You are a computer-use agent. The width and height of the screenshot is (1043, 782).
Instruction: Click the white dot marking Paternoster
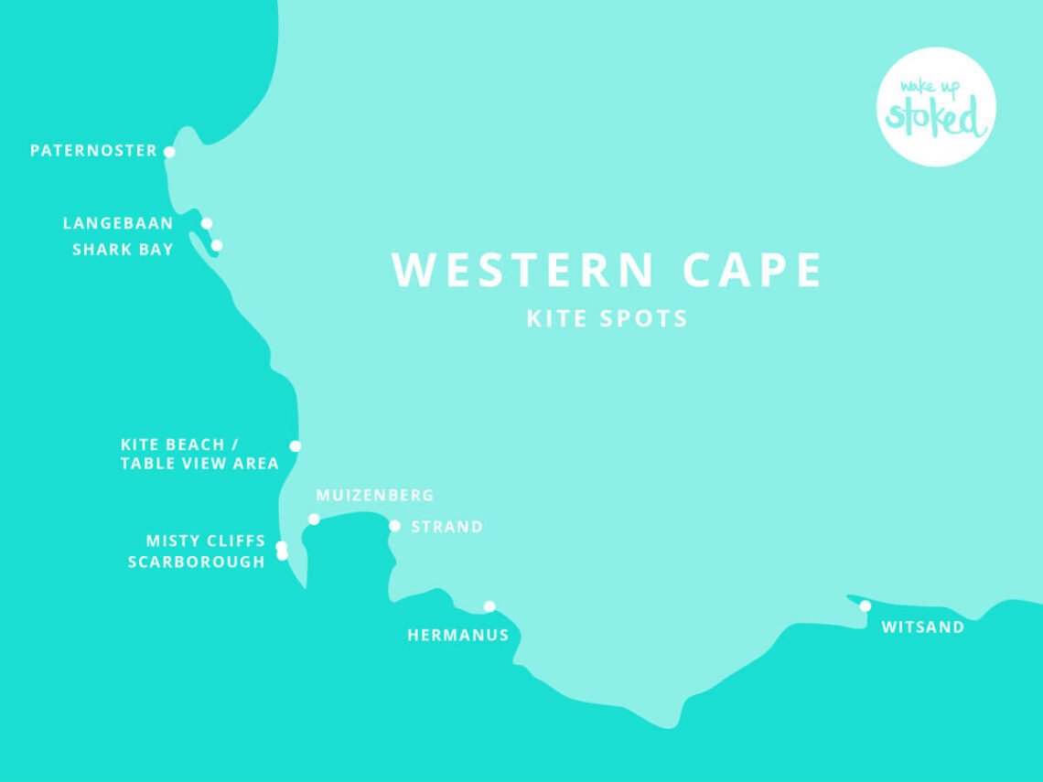pos(169,152)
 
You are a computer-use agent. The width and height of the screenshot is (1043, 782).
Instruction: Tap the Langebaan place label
pos(118,223)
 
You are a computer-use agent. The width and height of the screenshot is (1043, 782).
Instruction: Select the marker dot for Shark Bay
pos(217,245)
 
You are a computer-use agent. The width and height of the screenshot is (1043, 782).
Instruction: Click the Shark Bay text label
pos(123,250)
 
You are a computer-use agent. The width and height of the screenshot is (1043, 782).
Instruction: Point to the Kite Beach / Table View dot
pos(295,446)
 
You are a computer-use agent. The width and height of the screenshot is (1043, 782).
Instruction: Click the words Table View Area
pos(199,464)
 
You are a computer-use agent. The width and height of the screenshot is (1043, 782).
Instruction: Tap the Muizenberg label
pos(374,496)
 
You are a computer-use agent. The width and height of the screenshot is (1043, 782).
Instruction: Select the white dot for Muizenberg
pos(314,519)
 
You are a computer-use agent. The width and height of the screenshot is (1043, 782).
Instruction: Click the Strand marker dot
pos(394,526)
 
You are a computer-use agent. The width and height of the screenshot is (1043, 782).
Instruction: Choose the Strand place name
pos(446,527)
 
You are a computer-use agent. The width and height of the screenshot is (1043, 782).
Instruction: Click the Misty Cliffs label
pos(205,541)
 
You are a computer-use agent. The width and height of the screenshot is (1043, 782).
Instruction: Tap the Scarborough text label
pos(196,562)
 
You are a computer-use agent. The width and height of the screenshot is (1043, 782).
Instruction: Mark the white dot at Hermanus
pos(489,606)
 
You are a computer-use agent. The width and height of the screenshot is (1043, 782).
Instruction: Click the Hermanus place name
pos(457,635)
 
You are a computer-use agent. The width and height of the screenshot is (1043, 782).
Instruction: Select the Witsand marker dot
pos(865,605)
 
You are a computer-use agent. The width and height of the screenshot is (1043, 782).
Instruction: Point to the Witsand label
pos(922,627)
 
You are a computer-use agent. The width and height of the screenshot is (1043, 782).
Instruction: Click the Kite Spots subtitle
pos(607,318)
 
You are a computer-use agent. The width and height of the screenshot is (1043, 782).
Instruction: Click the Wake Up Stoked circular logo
pos(936,107)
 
